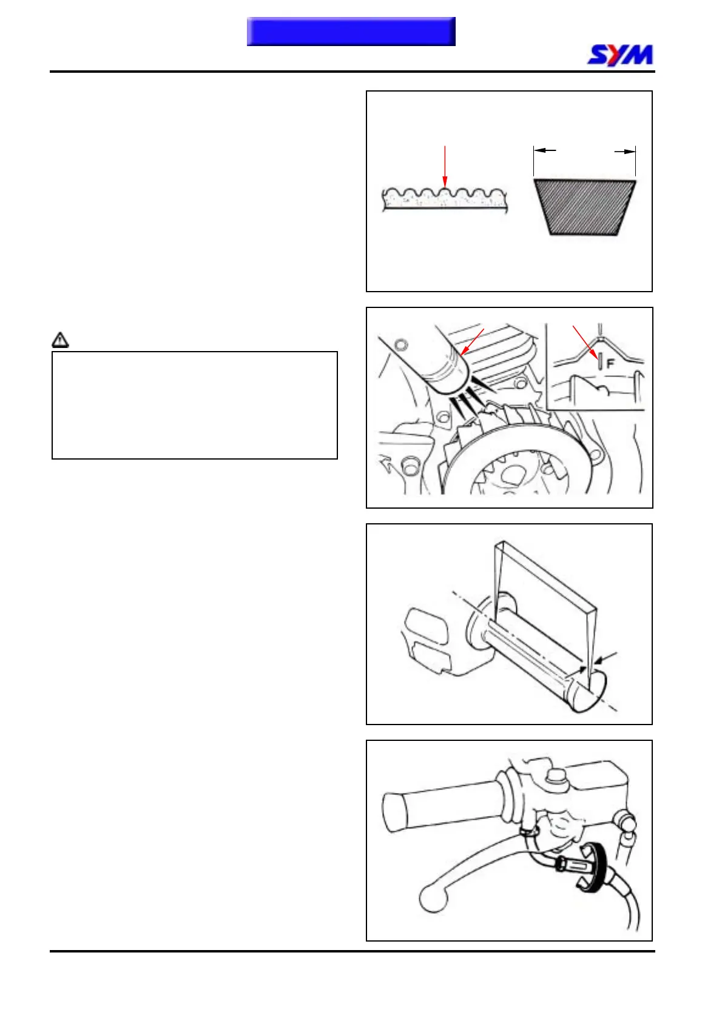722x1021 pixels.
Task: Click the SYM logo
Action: (x=620, y=55)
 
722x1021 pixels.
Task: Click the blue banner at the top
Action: (x=351, y=32)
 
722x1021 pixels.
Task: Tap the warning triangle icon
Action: (x=61, y=340)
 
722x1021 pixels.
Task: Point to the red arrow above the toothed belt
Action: (x=445, y=166)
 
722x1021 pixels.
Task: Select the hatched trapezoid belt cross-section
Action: (x=584, y=206)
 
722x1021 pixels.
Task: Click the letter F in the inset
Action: (x=610, y=364)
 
